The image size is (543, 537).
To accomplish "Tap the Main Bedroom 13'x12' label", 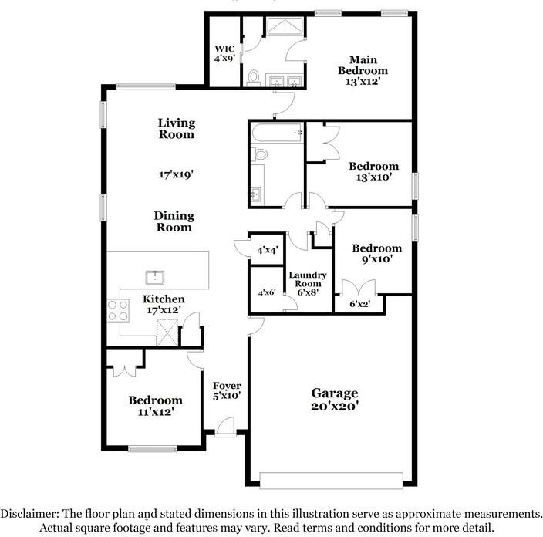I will tap(363, 70).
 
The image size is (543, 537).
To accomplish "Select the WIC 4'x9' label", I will tap(224, 53).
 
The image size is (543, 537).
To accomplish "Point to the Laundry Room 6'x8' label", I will tap(308, 283).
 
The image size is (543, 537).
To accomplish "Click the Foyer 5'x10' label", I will tap(227, 390).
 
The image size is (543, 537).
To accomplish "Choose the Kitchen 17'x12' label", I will tap(164, 305).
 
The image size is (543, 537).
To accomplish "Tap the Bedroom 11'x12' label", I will tap(155, 406).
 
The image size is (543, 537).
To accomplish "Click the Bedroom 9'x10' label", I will tap(376, 254).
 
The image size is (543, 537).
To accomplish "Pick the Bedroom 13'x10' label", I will tap(373, 171).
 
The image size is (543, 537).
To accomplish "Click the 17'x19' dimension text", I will tap(176, 174).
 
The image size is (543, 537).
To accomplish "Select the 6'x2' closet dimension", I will tap(359, 305).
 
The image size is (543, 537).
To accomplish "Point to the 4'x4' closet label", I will tap(267, 250).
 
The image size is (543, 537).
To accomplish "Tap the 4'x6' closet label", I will tap(266, 292).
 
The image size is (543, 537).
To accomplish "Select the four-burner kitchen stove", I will tap(118, 310).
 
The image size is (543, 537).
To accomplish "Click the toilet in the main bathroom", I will tap(254, 77).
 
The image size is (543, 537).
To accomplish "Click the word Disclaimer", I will tap(32, 513).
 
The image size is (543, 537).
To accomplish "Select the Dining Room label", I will tap(174, 221).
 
